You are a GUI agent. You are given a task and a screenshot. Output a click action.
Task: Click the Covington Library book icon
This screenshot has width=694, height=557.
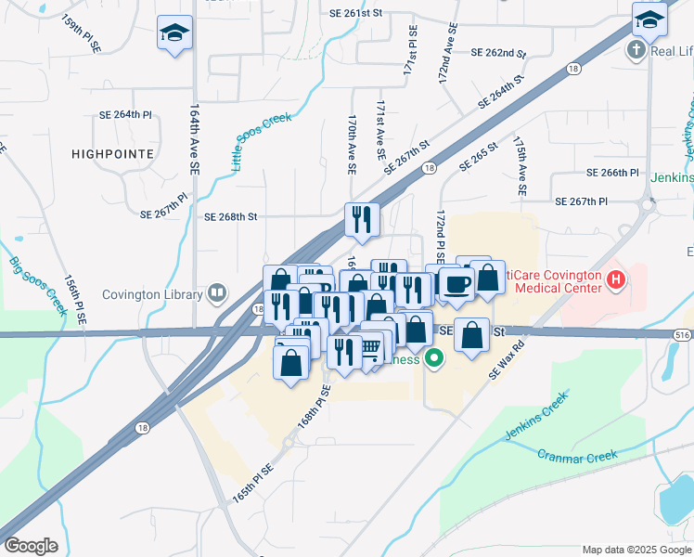(216, 294)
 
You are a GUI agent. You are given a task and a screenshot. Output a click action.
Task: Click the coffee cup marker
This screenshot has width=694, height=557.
(455, 284)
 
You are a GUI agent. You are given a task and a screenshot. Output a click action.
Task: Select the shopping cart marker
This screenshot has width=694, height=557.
(370, 349)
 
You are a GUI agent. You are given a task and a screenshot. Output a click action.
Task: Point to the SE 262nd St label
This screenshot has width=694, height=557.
(498, 53)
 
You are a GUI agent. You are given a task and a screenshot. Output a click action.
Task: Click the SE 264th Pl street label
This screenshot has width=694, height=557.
(125, 114)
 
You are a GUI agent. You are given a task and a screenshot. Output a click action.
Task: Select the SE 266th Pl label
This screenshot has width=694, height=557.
(612, 173)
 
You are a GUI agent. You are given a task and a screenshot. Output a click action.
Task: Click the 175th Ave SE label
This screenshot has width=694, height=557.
(520, 165)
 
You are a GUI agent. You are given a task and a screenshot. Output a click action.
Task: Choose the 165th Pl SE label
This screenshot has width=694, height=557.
(252, 484)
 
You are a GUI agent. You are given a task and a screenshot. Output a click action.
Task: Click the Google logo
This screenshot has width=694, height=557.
(31, 546)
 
